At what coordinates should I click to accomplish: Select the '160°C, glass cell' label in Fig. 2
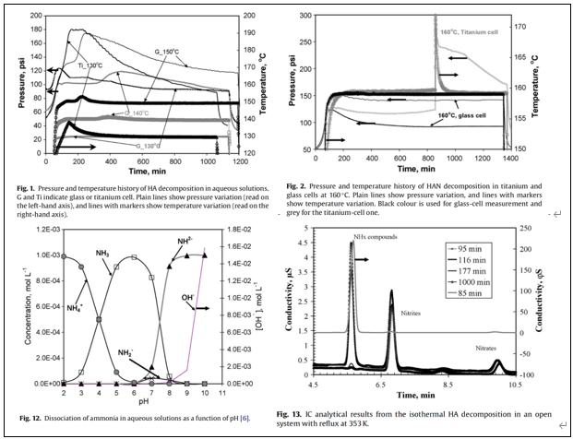click(455, 115)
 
